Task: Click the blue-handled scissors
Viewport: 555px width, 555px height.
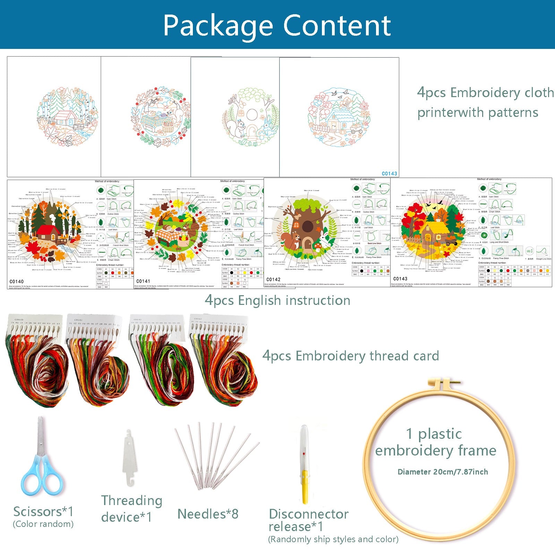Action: point(42,461)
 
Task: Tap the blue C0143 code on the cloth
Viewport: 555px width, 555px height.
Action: point(389,173)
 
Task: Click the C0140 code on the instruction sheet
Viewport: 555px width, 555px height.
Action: point(17,282)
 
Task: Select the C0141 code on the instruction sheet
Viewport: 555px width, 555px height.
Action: point(143,281)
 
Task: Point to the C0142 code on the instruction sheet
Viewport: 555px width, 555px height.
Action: point(273,279)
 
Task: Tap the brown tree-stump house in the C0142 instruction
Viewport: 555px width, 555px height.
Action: point(307,225)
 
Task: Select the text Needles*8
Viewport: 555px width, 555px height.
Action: point(208,514)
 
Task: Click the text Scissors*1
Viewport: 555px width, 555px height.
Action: point(43,512)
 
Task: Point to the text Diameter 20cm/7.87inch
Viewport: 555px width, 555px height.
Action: point(443,472)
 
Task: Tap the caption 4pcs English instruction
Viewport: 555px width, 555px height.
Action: point(277,300)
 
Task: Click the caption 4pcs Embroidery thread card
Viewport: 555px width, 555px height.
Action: point(350,356)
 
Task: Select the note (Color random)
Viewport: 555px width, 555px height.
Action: point(43,524)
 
